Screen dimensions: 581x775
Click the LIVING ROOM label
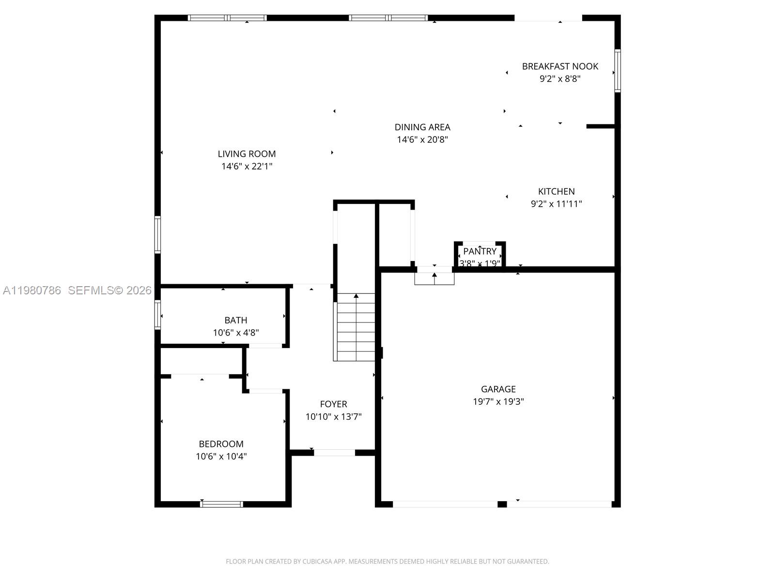click(247, 154)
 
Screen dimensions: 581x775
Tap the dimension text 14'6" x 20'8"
click(422, 140)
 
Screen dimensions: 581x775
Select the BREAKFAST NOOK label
click(560, 66)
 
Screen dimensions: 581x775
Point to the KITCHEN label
click(556, 191)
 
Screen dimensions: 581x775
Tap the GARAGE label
click(498, 389)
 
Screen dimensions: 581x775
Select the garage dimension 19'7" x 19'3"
click(498, 401)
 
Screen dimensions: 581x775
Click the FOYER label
click(333, 404)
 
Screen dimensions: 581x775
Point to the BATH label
click(236, 320)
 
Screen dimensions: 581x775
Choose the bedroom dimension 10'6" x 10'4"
click(221, 456)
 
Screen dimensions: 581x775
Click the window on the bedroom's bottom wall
click(221, 504)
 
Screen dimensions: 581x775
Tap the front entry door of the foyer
click(334, 453)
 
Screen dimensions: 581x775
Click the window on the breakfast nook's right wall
click(618, 71)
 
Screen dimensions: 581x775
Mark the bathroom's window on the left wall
click(157, 315)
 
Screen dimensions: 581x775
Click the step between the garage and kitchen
click(434, 279)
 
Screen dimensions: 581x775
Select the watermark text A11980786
click(32, 290)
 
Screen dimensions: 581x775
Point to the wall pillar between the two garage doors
click(502, 504)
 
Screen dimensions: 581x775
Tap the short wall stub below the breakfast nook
click(601, 126)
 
